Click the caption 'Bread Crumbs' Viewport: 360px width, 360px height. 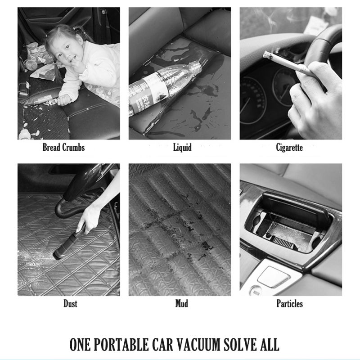[x=63, y=148]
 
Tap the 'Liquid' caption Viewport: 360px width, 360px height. [x=182, y=148]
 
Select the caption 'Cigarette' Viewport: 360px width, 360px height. [x=289, y=148]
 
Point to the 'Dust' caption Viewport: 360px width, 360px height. [x=70, y=303]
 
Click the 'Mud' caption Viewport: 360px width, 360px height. [x=182, y=303]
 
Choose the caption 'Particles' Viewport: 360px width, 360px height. [x=289, y=303]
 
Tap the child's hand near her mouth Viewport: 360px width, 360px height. [x=77, y=64]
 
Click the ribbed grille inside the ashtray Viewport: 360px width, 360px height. [x=284, y=243]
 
